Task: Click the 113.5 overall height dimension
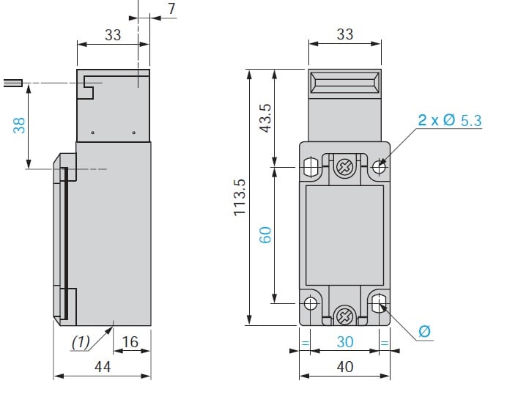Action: (240, 197)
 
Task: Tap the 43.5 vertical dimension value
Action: (266, 118)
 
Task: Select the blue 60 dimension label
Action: (265, 235)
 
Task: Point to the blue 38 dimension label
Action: (19, 125)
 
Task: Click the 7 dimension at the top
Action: (171, 9)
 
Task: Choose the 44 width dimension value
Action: (103, 367)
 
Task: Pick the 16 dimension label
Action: (130, 342)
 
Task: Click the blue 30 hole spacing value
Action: (345, 342)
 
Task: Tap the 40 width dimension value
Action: (345, 367)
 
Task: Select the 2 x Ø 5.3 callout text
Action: (450, 120)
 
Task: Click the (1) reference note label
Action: (81, 342)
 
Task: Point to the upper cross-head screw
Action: (344, 167)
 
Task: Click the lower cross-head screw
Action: (344, 316)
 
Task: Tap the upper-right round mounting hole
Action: (379, 167)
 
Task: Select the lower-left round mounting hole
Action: (311, 303)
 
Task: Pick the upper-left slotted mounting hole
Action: (311, 167)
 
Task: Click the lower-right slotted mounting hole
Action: (379, 303)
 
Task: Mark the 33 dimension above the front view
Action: (345, 34)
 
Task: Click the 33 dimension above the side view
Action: (113, 35)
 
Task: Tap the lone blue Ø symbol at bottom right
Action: (424, 331)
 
